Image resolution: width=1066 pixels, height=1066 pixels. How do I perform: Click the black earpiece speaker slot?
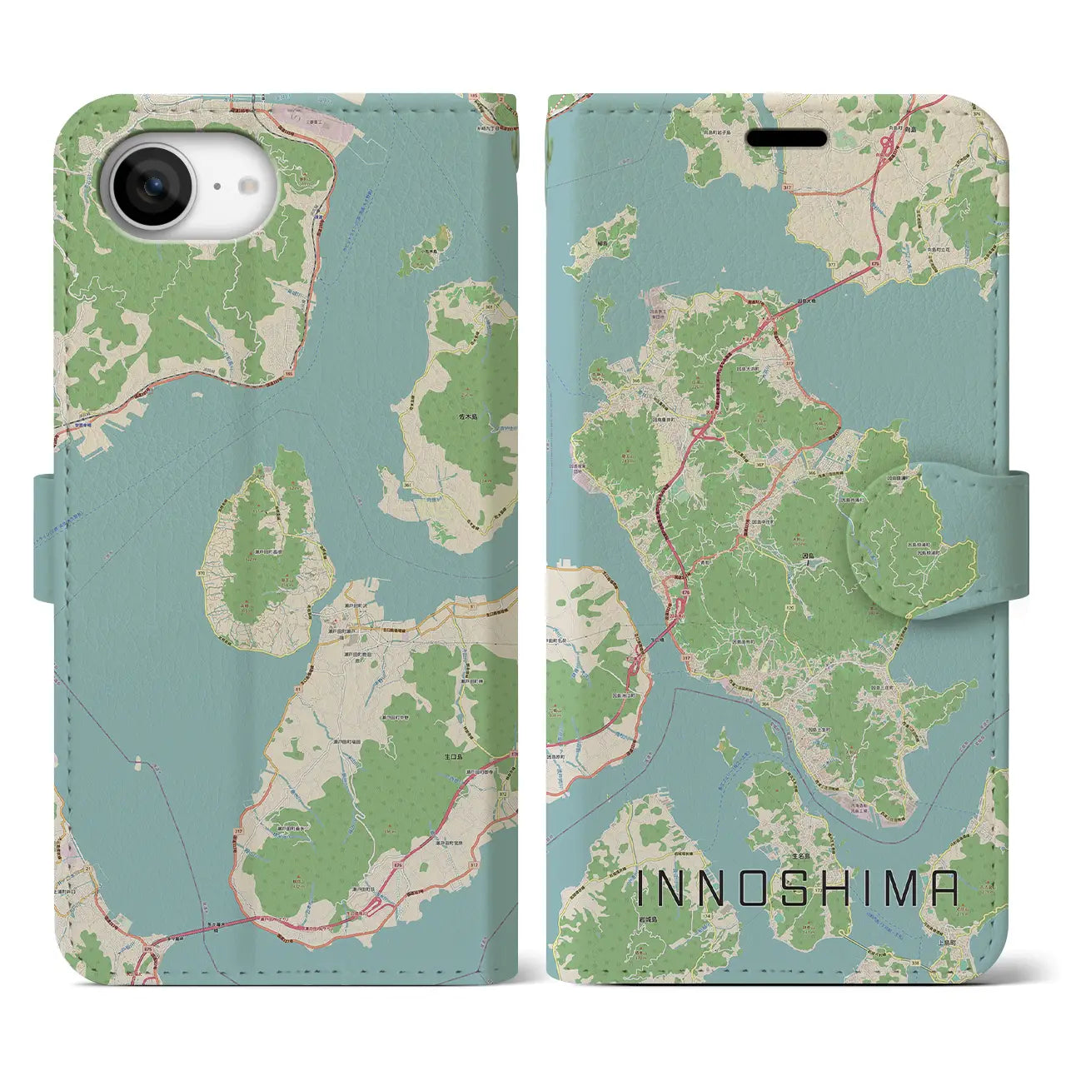coord(785,137)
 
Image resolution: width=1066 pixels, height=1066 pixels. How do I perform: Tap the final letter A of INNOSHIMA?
coord(943,889)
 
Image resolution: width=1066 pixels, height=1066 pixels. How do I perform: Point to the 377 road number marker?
coord(808,239)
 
